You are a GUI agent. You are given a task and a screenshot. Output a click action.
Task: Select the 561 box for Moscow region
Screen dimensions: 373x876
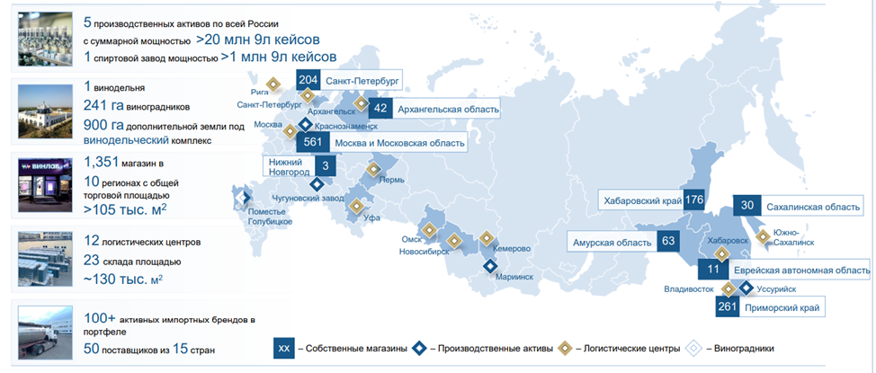pos(312,142)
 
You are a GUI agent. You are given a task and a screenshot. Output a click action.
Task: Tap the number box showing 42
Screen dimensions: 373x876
pos(380,109)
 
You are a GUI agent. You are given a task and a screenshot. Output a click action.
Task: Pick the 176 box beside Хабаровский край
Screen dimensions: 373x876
pos(693,200)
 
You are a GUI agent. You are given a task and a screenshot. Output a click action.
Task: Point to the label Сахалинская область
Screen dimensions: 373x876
pos(813,208)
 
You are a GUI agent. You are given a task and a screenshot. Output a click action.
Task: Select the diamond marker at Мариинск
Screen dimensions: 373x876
pos(490,265)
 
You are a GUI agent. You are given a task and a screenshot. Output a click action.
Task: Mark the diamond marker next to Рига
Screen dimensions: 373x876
pos(275,84)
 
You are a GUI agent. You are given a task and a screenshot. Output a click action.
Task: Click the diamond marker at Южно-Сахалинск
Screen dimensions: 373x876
pos(763,237)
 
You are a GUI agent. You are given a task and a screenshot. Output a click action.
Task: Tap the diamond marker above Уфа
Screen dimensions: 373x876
pos(356,206)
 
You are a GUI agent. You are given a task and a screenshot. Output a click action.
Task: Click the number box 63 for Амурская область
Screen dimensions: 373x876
pos(667,242)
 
